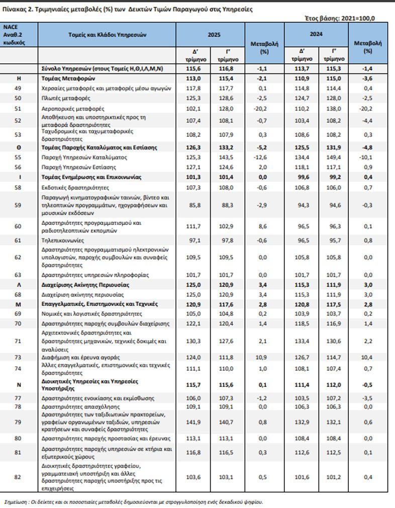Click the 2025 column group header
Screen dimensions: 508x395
tap(210, 35)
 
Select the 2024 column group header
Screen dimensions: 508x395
tap(316, 35)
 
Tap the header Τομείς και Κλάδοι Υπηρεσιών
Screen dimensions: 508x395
tap(107, 35)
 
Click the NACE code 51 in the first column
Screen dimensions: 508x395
tap(19, 108)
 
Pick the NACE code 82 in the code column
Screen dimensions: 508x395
tap(19, 477)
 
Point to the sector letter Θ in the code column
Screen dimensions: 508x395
tap(19, 147)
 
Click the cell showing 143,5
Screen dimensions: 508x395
tap(226, 157)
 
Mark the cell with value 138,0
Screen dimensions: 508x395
tap(332, 108)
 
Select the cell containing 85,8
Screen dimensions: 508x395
tap(194, 205)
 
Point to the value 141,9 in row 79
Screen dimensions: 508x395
tap(194, 422)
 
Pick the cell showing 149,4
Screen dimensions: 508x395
tap(332, 157)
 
